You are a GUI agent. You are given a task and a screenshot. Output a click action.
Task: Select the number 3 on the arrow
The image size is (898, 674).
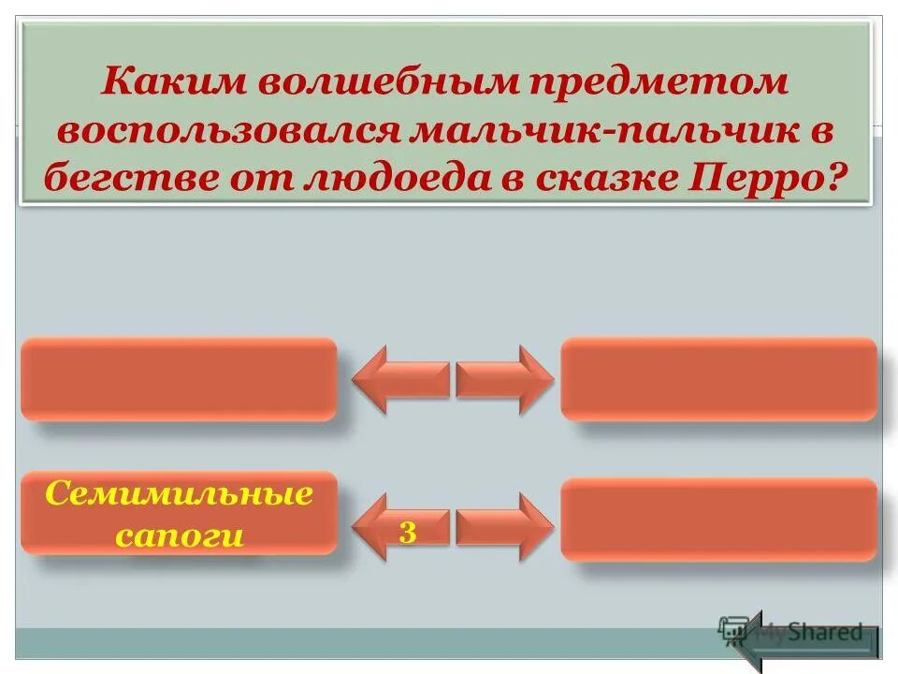tap(408, 532)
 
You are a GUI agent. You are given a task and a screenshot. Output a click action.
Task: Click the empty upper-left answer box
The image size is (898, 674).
tap(178, 378)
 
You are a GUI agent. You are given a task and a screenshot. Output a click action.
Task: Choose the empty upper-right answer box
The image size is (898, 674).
tap(718, 378)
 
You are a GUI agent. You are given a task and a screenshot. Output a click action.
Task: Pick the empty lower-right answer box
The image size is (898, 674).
tap(718, 520)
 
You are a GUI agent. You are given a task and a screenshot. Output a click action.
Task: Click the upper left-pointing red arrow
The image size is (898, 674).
tap(399, 379)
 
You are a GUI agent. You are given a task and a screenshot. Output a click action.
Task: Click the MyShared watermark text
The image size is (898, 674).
tap(809, 632)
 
